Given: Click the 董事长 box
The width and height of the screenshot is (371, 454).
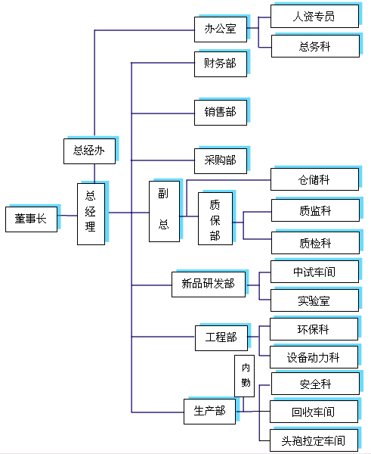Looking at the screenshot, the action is click(31, 219).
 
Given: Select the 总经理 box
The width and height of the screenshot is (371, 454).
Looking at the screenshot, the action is click(91, 214).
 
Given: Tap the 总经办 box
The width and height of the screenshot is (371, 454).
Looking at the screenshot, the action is click(89, 151).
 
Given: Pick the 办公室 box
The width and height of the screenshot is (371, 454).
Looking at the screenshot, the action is click(221, 30).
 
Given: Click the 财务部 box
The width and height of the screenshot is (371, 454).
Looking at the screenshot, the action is click(221, 64).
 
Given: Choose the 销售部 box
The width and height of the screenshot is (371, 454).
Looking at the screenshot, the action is click(221, 112).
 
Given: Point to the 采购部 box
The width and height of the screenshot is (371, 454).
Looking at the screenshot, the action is click(221, 160).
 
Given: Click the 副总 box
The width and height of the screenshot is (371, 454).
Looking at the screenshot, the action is click(164, 211).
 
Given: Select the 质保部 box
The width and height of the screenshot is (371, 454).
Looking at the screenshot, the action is click(215, 219).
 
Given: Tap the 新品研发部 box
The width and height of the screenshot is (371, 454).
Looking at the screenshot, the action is click(209, 285).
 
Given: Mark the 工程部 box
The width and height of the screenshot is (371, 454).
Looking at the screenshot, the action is click(221, 338).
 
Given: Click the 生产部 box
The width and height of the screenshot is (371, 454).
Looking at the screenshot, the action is click(209, 412).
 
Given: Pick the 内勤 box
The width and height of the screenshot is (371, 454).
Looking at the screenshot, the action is click(244, 376).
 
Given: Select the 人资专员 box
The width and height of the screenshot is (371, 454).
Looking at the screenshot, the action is click(314, 16).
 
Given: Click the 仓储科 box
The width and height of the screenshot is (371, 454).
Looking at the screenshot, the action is click(314, 179).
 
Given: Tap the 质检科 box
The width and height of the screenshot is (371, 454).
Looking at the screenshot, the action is click(315, 243).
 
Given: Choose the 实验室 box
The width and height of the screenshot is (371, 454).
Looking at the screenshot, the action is click(314, 300).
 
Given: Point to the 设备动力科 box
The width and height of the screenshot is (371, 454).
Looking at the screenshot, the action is click(314, 357).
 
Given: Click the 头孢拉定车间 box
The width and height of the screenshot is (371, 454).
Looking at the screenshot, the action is click(314, 440).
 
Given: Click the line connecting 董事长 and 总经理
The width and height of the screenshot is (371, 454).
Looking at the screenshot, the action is click(67, 216).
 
